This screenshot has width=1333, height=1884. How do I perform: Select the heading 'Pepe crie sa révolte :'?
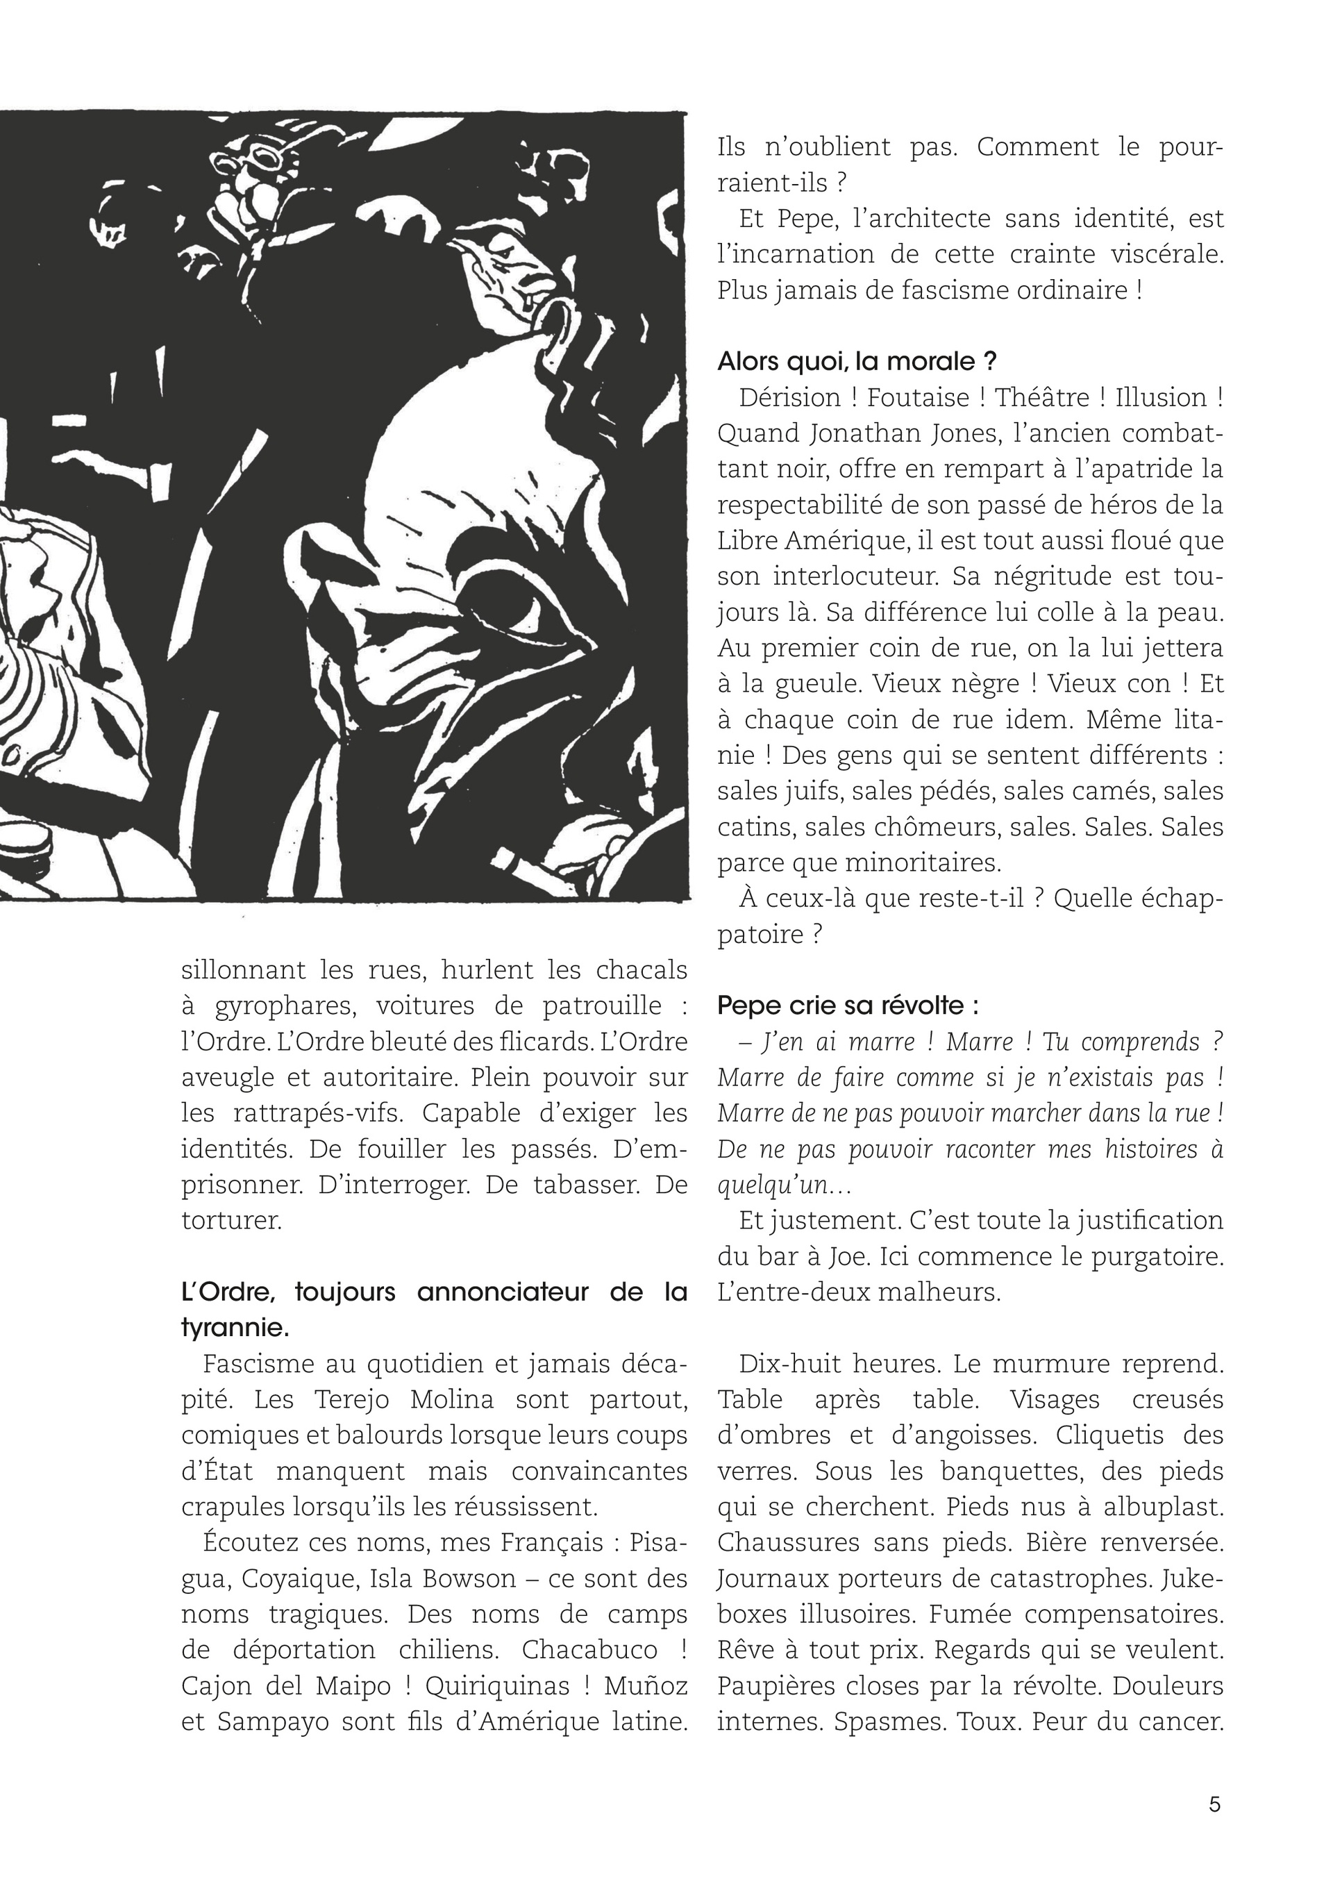coord(848,1006)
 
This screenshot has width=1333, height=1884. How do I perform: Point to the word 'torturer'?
coord(230,1221)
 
